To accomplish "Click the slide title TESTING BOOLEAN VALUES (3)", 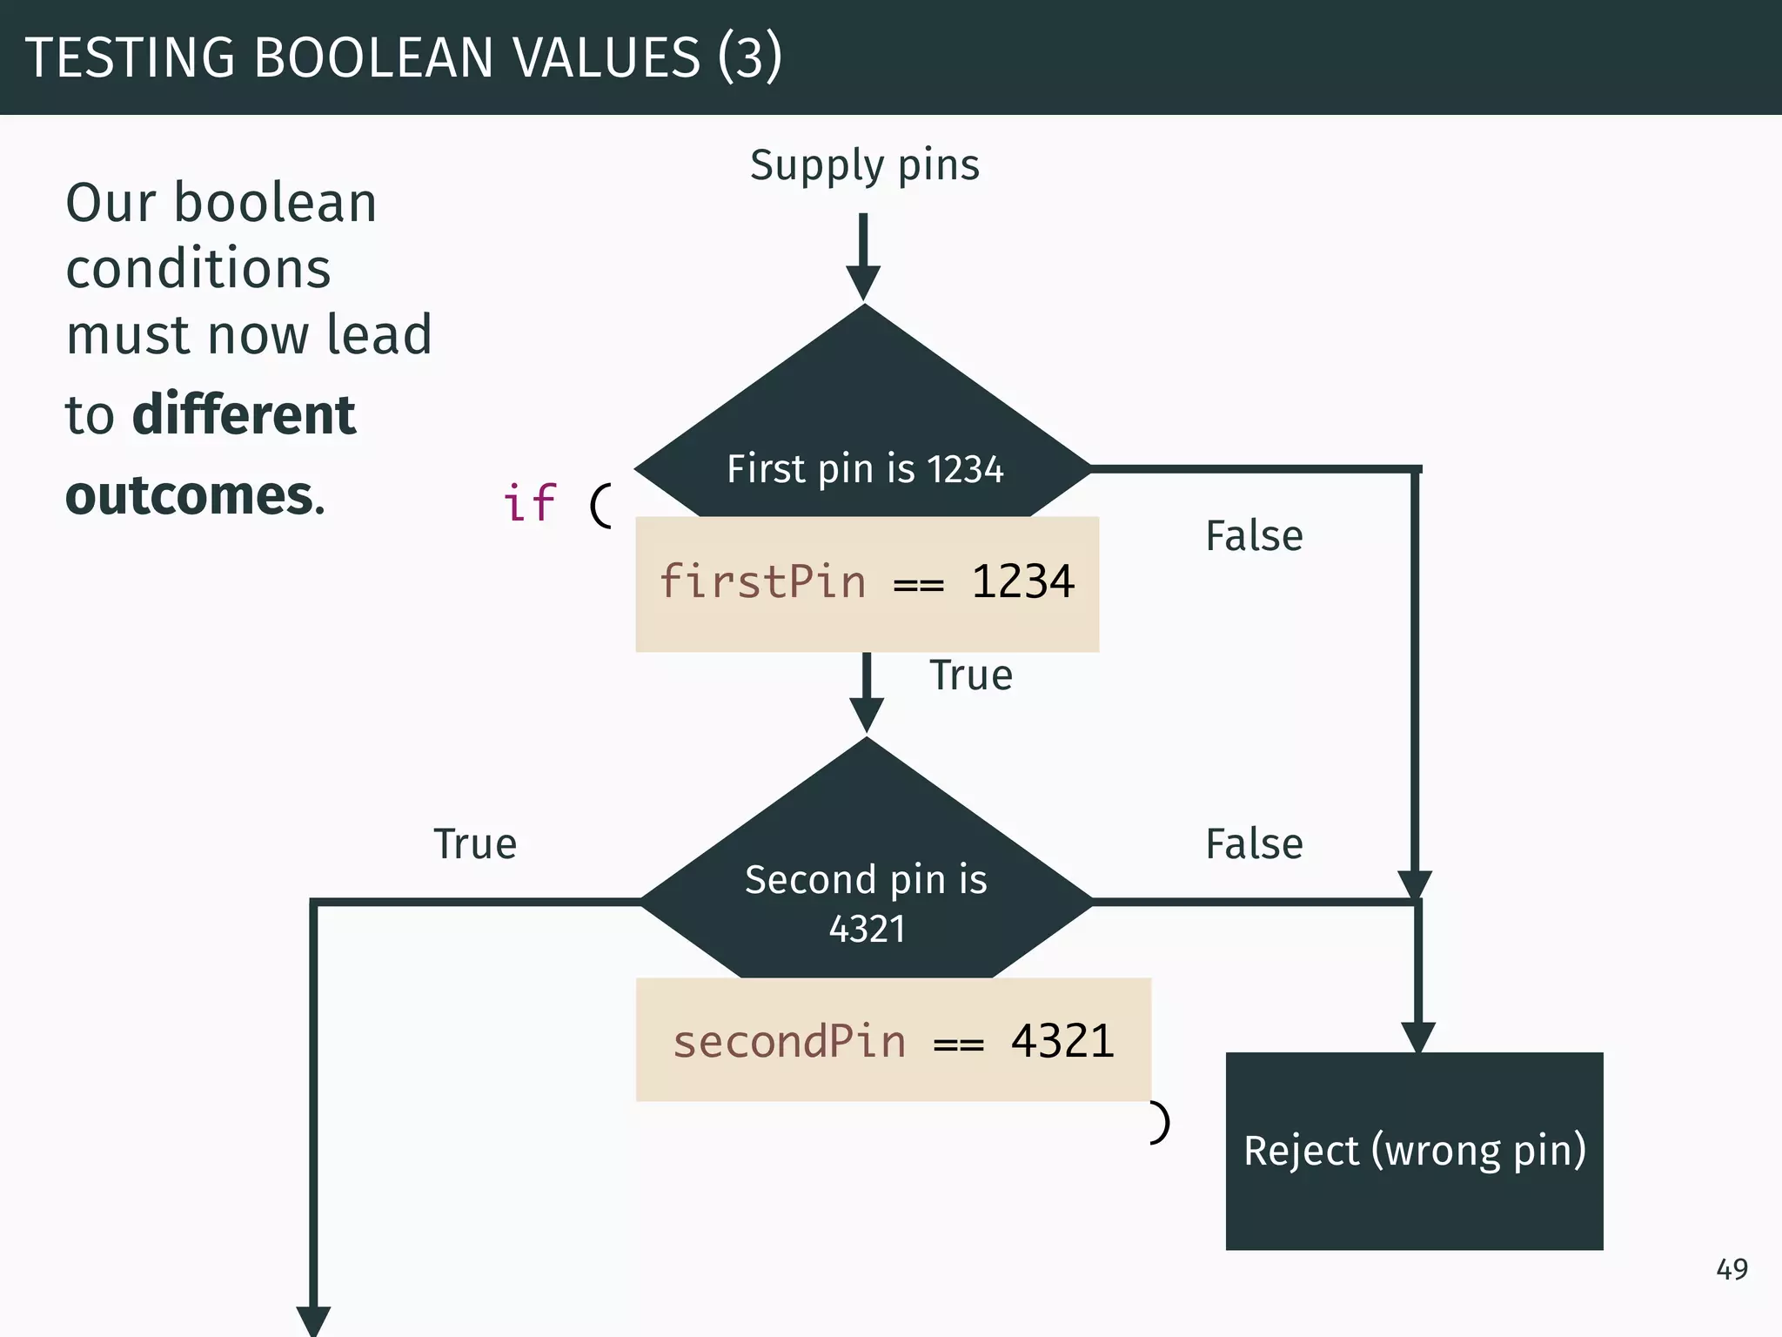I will point(404,57).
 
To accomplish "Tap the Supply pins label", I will point(864,165).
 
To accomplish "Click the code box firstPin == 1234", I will point(867,583).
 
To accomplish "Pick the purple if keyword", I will point(529,503).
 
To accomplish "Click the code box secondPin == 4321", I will point(893,1040).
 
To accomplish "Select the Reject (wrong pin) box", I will point(1414,1151).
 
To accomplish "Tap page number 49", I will point(1732,1269).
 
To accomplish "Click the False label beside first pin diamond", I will point(1254,536).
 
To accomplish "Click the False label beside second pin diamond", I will point(1254,844).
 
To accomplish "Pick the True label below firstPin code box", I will point(971,676).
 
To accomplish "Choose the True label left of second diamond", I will point(475,844).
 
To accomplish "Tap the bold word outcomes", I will point(190,496).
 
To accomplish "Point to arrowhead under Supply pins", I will point(863,284).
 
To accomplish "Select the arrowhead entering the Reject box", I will point(1417,1037).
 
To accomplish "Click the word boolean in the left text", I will point(275,204).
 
